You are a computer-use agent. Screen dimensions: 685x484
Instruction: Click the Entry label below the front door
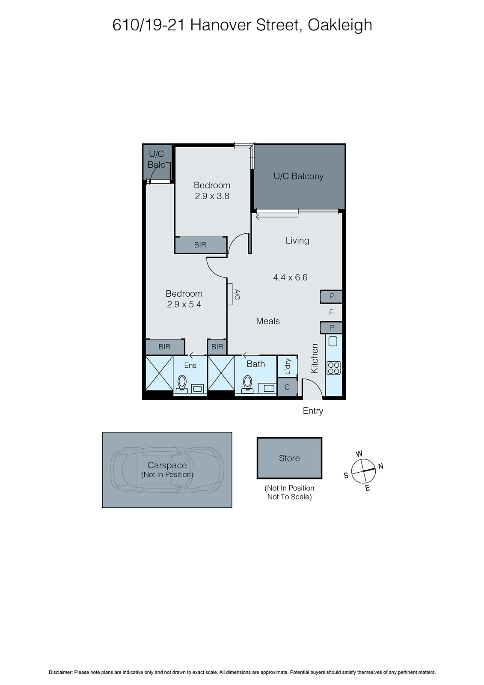(313, 411)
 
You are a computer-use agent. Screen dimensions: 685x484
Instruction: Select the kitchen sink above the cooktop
(333, 341)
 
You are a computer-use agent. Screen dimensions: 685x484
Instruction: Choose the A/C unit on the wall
(230, 295)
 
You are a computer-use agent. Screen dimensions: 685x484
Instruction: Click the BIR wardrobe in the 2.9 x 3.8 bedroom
(200, 245)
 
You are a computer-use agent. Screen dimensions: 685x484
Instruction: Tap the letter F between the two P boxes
(331, 313)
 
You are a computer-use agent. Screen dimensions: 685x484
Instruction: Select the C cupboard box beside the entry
(287, 387)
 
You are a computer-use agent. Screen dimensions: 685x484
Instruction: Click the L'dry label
(288, 366)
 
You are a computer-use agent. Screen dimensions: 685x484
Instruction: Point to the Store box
(289, 458)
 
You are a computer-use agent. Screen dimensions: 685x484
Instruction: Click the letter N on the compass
(381, 466)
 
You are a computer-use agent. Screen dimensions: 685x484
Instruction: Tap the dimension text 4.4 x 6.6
(290, 277)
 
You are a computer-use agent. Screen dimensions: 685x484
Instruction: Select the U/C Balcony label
(298, 176)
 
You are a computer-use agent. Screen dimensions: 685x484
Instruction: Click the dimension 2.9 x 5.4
(184, 305)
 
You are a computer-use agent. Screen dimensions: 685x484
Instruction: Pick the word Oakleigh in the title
(340, 25)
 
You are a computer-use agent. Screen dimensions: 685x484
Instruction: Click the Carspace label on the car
(167, 465)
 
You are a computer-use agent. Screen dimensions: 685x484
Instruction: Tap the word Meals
(268, 321)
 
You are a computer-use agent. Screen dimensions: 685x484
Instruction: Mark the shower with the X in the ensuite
(159, 373)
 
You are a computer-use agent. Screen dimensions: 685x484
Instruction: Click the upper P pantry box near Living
(332, 297)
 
